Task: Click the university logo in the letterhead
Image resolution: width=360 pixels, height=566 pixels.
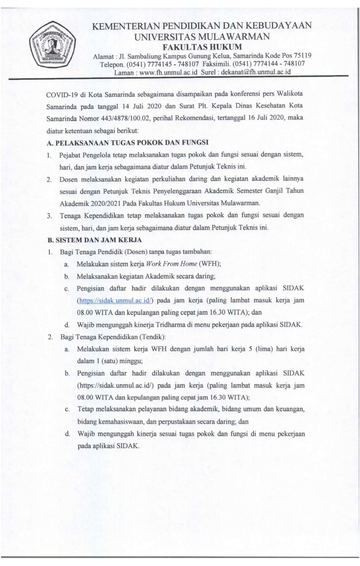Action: (52, 45)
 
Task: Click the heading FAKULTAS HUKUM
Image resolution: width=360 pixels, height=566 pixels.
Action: (202, 47)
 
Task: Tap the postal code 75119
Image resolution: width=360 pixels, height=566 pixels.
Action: (302, 55)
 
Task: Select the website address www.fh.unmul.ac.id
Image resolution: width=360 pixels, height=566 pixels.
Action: (169, 72)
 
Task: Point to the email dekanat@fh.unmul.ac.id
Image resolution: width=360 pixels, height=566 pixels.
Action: (256, 72)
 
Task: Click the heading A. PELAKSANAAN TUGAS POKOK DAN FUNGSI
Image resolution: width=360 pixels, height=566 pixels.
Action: (128, 142)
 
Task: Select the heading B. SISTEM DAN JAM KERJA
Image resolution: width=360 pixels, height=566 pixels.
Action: (95, 240)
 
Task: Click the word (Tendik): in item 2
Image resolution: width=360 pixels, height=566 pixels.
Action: (153, 337)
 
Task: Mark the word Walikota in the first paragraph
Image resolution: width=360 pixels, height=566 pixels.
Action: (290, 94)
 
